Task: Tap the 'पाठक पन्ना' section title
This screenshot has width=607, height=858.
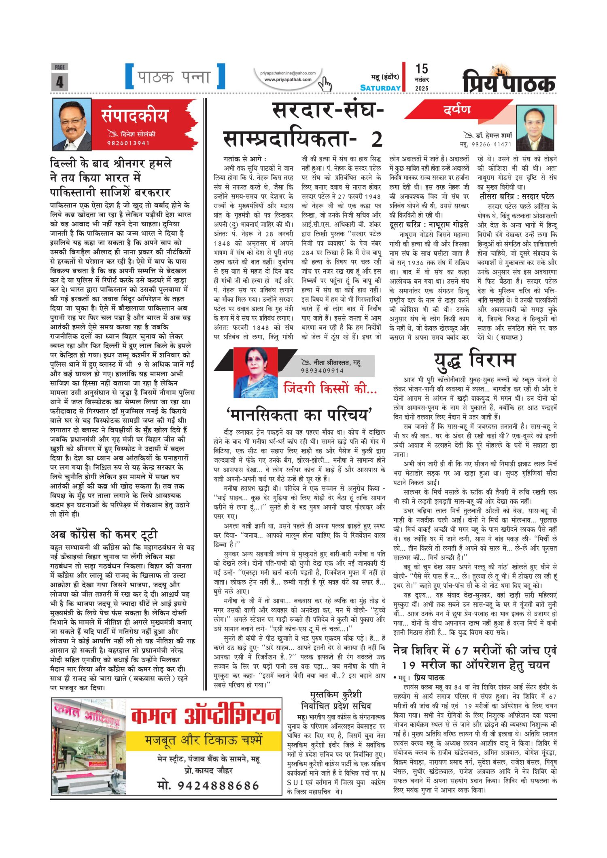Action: click(174, 76)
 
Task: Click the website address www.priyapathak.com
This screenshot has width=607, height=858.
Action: click(288, 80)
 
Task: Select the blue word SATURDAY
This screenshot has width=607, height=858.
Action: click(380, 88)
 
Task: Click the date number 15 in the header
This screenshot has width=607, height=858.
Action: click(421, 69)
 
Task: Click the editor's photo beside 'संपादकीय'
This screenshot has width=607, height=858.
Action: click(72, 125)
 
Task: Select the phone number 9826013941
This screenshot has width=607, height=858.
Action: click(128, 143)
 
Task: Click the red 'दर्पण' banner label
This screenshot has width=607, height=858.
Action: click(457, 109)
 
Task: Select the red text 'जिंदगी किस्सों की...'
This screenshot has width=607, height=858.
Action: click(330, 388)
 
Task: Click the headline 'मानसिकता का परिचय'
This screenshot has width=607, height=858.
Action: click(299, 415)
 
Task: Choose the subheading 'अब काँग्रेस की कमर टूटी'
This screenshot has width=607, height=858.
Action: click(104, 534)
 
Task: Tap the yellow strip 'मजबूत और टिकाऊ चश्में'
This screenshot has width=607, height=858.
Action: click(204, 740)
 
